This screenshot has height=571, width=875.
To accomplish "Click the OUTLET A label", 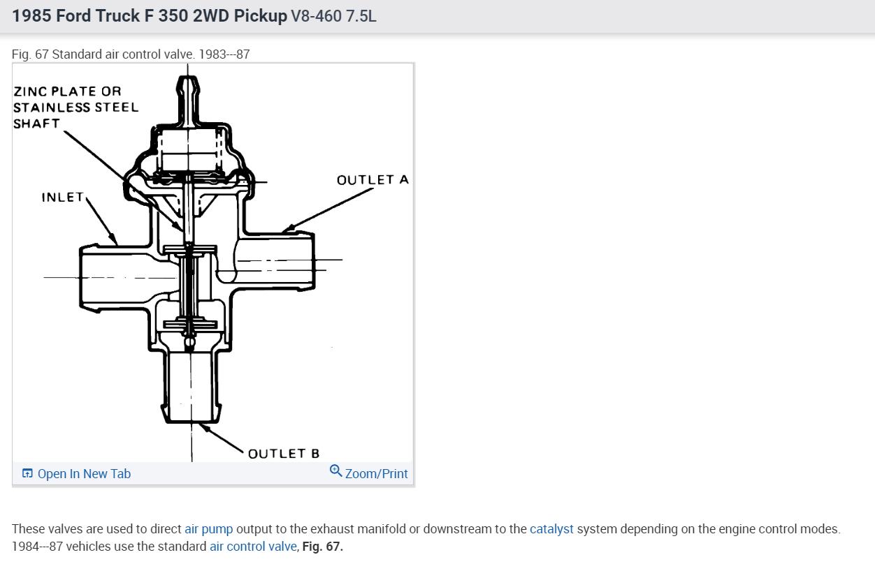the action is click(373, 180).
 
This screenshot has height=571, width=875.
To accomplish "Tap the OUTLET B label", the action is click(284, 454).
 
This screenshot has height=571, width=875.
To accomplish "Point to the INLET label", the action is click(63, 197).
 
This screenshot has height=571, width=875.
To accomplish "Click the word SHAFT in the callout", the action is click(36, 124).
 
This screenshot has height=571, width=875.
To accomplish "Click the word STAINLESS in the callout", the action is click(52, 107).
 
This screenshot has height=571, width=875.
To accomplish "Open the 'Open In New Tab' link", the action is click(77, 473).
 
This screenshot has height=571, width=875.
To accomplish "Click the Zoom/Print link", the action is click(376, 473).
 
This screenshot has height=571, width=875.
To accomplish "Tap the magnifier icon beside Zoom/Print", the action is click(336, 470).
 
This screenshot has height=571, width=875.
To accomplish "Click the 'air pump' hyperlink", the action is click(208, 529).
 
